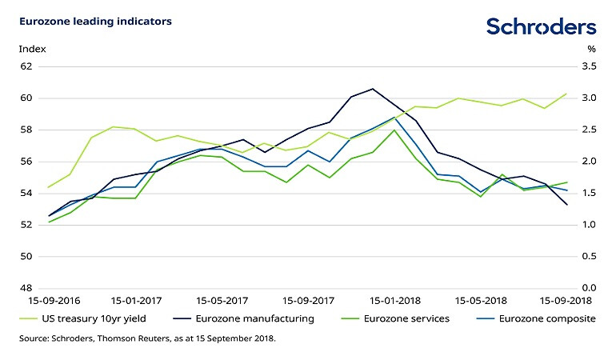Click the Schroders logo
click(x=541, y=26)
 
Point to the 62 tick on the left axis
click(x=26, y=66)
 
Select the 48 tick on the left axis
click(x=26, y=288)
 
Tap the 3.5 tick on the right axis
click(x=589, y=66)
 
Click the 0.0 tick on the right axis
click(x=589, y=288)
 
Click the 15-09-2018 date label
click(x=566, y=302)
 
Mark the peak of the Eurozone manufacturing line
click(x=373, y=89)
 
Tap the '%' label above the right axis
click(x=591, y=49)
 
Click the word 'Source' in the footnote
click(x=34, y=339)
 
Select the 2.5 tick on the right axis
click(x=589, y=130)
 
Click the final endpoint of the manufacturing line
click(x=567, y=205)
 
